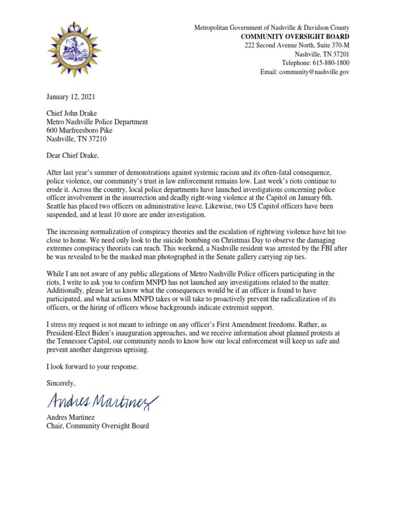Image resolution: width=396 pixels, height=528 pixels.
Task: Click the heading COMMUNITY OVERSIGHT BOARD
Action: (296, 37)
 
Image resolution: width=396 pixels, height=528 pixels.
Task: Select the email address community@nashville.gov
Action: (314, 72)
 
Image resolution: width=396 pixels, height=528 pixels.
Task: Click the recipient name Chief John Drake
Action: (71, 113)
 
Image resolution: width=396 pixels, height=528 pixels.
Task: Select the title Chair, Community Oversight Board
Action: (97, 426)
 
